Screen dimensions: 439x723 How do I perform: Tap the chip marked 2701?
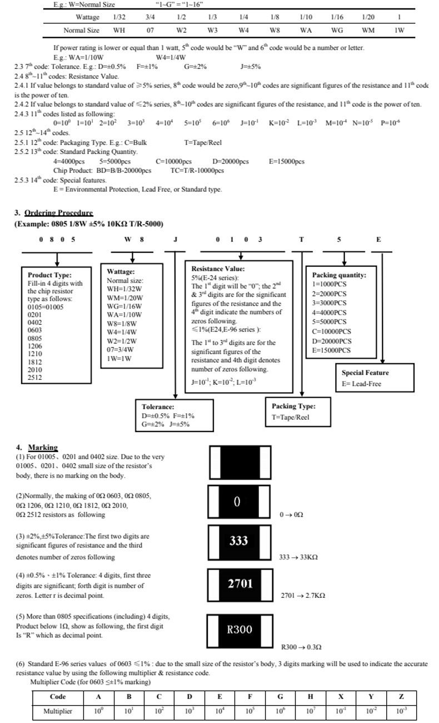tap(240, 585)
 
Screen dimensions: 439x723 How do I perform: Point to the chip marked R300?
tap(240, 631)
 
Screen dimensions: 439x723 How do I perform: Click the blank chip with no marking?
tap(240, 462)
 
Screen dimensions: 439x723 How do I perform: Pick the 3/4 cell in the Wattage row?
tap(150, 17)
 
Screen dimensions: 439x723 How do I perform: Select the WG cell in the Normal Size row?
tap(337, 31)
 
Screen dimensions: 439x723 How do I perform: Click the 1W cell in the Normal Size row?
tap(400, 31)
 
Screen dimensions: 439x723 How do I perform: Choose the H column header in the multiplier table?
tap(310, 696)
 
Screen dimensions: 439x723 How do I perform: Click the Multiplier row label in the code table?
tap(58, 711)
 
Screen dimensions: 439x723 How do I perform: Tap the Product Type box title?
tap(49, 275)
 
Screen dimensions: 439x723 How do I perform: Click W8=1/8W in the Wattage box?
tap(122, 324)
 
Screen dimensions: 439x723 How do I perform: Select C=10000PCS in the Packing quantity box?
tap(332, 331)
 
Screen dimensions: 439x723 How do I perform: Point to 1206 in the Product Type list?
tap(35, 346)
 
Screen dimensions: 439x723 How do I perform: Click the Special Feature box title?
tap(366, 373)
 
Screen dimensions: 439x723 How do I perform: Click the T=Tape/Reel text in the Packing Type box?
tap(291, 417)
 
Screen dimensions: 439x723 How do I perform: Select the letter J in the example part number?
tap(176, 240)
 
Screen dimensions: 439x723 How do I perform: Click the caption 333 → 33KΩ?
tap(298, 557)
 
